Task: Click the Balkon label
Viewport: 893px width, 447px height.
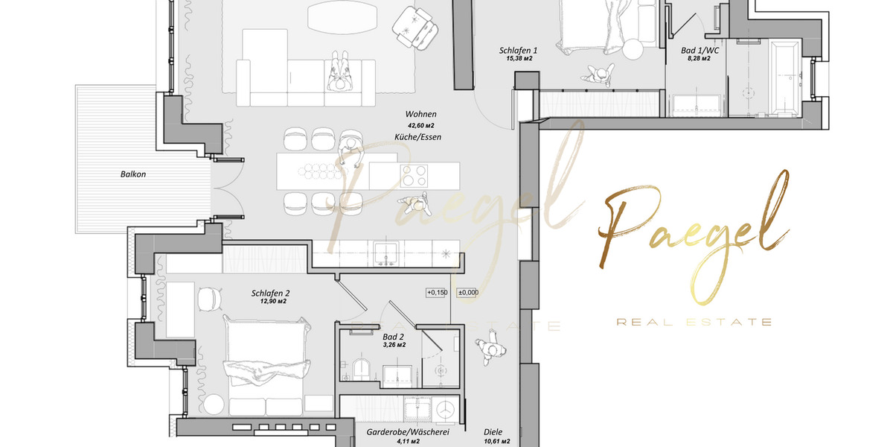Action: [133, 174]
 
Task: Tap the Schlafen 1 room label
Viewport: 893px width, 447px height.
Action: [518, 51]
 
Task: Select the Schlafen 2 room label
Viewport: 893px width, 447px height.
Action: [271, 294]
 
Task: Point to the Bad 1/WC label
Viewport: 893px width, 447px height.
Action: [696, 51]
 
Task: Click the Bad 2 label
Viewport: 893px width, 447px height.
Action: [394, 337]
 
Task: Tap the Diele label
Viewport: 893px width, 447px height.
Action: [493, 431]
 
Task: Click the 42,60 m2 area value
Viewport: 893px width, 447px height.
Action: [420, 125]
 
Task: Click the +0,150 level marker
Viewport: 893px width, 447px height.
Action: [436, 293]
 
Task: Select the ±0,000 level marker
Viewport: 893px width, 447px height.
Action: [468, 293]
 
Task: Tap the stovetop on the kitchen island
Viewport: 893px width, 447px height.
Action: [416, 175]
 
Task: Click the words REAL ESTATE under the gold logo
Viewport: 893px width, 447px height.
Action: [694, 322]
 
